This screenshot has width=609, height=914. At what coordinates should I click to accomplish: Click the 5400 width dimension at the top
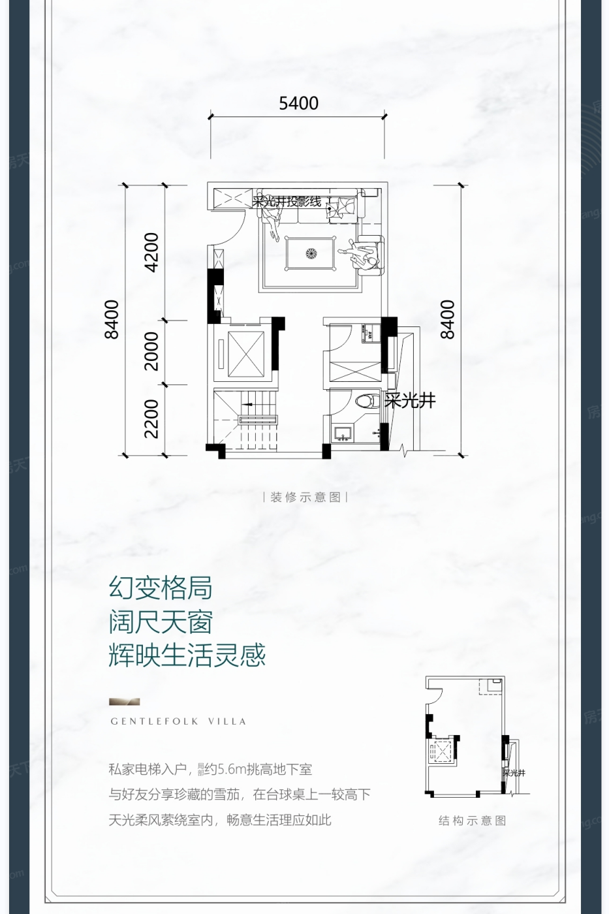point(298,103)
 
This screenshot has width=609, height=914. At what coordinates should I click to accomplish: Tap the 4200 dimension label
point(151,252)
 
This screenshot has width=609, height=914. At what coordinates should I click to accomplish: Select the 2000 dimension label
point(151,351)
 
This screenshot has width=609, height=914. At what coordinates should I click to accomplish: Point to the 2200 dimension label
point(151,418)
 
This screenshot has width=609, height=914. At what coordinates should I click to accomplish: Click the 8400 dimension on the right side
point(447,319)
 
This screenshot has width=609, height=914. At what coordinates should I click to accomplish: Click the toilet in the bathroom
point(369,400)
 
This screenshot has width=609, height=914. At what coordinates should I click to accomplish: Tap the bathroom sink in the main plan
point(341,433)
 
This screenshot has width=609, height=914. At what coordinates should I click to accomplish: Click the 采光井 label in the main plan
point(409,400)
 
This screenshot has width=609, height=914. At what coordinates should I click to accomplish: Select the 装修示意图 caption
point(305,497)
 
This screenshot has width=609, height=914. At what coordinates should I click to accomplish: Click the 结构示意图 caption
point(472,821)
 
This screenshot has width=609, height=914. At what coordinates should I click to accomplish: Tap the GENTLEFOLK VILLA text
point(178,721)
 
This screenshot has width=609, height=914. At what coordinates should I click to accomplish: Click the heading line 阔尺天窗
point(161,622)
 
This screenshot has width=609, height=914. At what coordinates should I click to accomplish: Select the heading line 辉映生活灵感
point(187,655)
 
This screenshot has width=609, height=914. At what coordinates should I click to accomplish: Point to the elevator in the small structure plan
point(443,751)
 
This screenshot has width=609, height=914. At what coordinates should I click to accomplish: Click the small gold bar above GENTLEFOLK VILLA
point(124,702)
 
